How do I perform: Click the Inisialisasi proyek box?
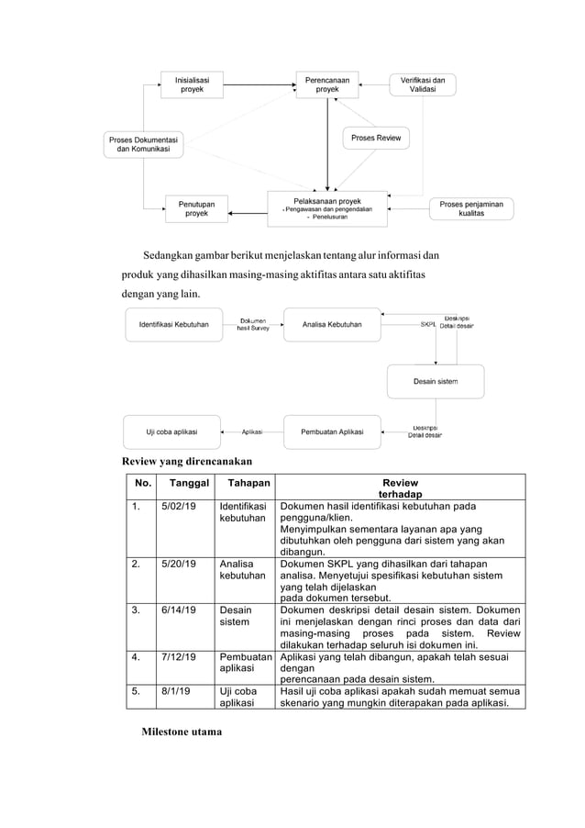tap(192, 85)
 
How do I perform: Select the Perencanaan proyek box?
tap(327, 85)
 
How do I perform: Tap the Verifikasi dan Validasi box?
tap(423, 85)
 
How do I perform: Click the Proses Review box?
tap(376, 138)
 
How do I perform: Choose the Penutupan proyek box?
tap(196, 208)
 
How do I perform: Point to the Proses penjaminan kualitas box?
tap(471, 208)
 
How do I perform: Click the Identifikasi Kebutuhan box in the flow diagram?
tap(173, 325)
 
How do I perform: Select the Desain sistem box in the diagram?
tap(435, 381)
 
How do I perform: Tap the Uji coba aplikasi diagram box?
tap(171, 431)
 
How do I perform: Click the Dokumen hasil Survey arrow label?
tap(253, 325)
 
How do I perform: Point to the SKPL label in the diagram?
tap(428, 324)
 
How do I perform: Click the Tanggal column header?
tap(183, 483)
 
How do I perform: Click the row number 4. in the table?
tap(135, 660)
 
